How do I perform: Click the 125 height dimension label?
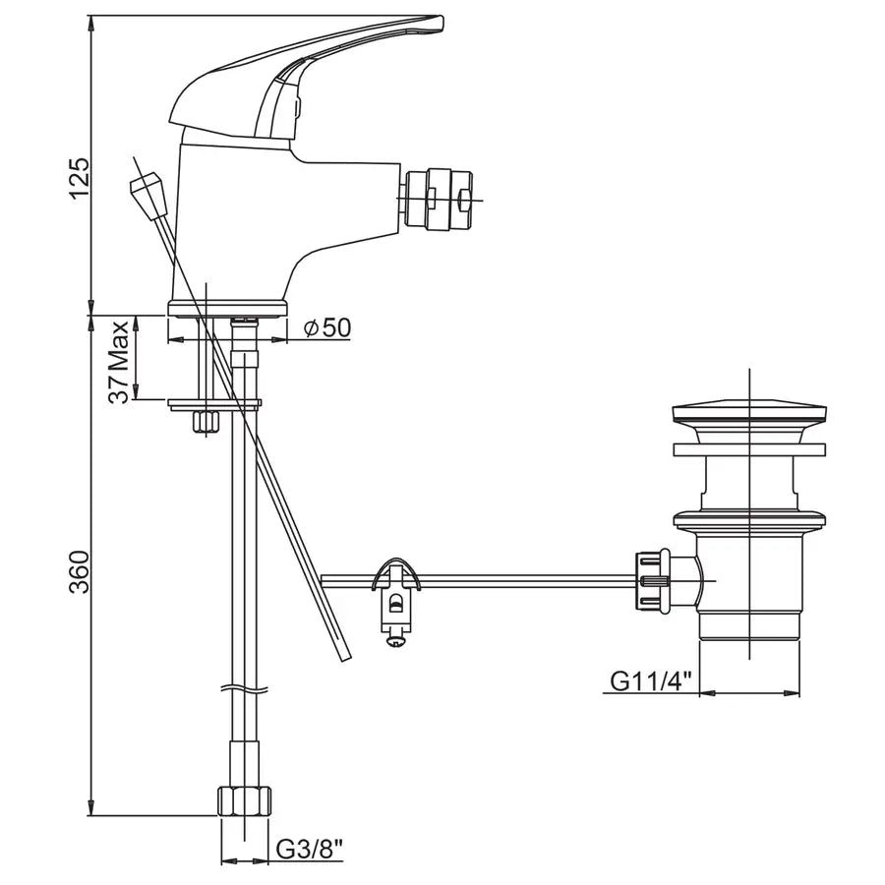click(x=79, y=178)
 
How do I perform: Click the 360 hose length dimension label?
click(x=79, y=571)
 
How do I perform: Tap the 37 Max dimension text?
click(x=120, y=362)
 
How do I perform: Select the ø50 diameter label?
click(x=327, y=327)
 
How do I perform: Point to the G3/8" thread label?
click(x=310, y=850)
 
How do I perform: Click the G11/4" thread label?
click(x=651, y=680)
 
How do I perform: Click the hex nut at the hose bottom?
click(x=245, y=800)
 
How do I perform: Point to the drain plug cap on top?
click(x=749, y=413)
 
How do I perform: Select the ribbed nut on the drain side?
click(x=654, y=581)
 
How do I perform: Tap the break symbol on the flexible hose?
click(x=245, y=689)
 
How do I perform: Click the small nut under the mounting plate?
click(x=206, y=422)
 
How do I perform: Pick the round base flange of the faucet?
click(x=227, y=309)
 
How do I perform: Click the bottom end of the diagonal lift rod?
click(x=344, y=658)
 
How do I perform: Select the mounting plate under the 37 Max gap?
click(x=215, y=404)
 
